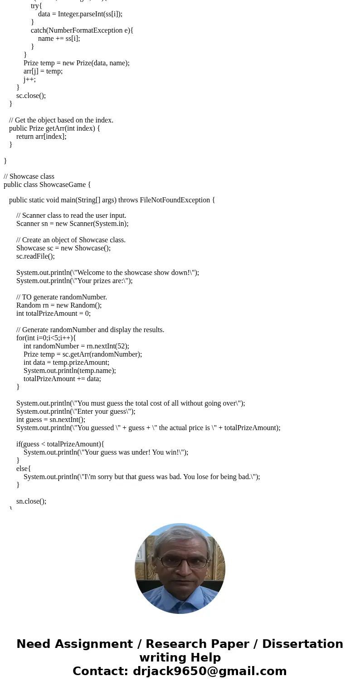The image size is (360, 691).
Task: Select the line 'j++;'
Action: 29,79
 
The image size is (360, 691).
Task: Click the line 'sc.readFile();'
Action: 35,256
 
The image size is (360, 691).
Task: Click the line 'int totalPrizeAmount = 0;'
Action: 54,314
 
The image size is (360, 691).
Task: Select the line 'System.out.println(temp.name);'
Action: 70,371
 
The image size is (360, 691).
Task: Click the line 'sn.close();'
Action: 31,501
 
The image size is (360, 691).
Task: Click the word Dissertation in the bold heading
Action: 302,644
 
